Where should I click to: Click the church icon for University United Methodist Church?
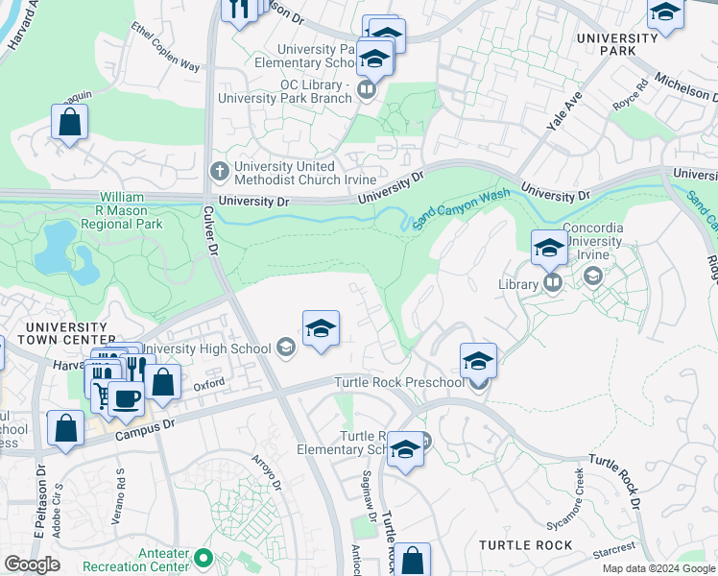218,171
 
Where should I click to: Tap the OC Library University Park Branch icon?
366,90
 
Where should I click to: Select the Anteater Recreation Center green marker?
203,557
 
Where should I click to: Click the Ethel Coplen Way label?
165,48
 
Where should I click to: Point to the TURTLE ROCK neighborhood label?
525,545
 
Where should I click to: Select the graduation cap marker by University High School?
321,328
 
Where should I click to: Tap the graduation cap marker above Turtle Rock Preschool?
478,360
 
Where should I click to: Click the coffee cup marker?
125,397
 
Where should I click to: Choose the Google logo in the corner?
32,564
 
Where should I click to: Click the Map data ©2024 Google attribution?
658,568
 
